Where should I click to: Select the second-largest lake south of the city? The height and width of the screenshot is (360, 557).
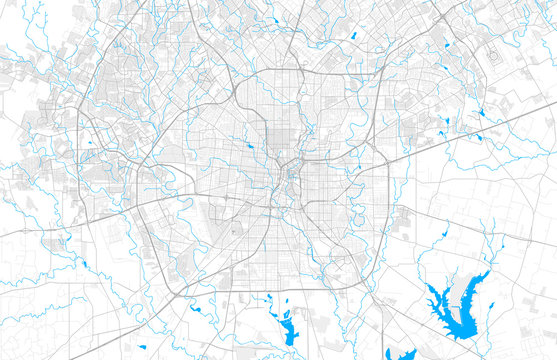tap(283, 326)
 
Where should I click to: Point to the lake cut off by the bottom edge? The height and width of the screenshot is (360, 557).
tap(410, 354)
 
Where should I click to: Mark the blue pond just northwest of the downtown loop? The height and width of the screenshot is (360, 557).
tap(251, 146)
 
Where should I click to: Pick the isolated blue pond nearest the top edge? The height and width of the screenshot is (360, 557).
tap(353, 36)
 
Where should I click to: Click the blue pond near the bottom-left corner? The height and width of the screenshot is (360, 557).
tap(84, 263)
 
